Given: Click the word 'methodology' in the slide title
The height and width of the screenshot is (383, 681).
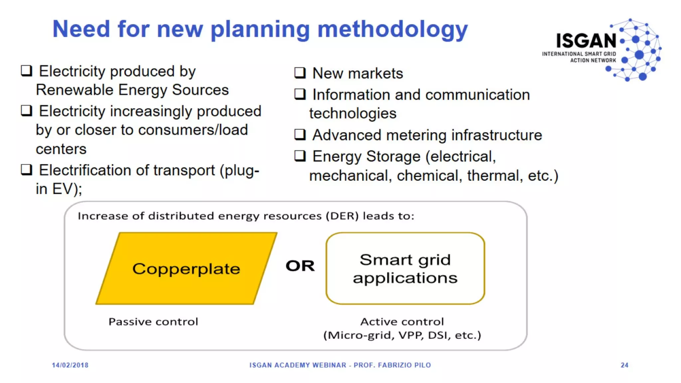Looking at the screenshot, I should coord(392,29).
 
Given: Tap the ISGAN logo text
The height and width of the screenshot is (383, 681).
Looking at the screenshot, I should coord(586,41).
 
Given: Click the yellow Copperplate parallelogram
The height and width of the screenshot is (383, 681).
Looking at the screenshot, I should coord(186,268).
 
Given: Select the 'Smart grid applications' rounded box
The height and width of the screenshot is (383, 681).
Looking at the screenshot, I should coord(405,268).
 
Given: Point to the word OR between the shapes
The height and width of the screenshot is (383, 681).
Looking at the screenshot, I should coord(300,266).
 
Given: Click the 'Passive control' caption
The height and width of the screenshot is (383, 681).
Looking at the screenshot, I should coord(153,322).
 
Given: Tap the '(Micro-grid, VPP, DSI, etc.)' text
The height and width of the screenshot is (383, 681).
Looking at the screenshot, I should coord(402,335).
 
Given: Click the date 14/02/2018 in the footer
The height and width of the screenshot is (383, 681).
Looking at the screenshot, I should coord(70,365).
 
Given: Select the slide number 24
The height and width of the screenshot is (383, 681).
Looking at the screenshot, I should coord(624,365).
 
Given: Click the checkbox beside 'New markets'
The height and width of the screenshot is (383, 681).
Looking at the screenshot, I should coord(300,73).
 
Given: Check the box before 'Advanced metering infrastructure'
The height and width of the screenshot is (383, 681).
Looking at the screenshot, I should coord(300,135).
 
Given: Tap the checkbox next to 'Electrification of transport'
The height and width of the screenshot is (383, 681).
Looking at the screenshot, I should coord(27,170).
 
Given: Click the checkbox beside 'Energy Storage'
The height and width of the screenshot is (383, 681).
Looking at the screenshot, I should coord(300,156).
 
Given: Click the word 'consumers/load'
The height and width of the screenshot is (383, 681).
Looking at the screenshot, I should coord(193,130).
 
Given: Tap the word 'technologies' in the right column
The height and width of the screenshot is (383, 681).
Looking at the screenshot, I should coord(353,114).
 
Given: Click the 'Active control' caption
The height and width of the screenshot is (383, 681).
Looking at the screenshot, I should coord(402,321).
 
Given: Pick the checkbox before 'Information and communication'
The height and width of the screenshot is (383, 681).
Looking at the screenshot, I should coord(300,94).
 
